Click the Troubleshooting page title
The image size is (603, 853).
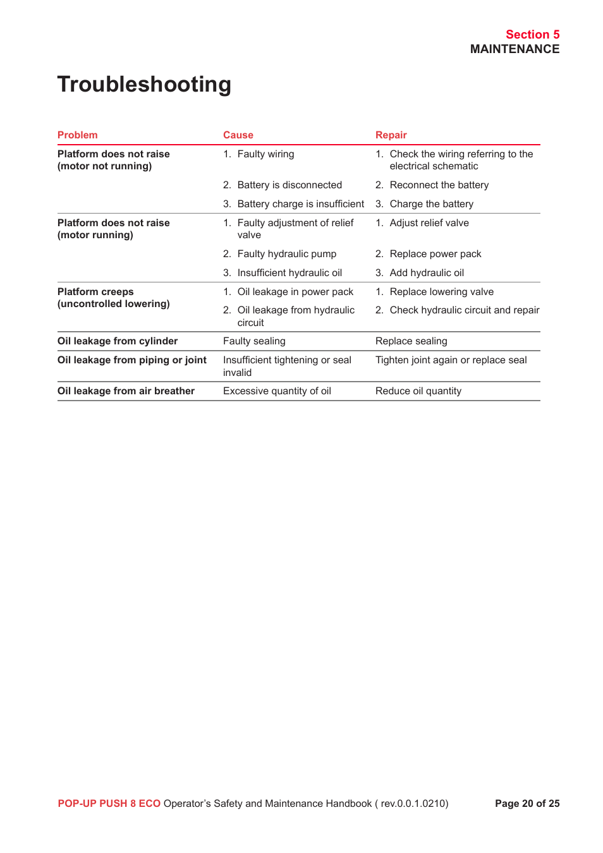point(144,85)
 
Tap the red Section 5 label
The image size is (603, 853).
point(532,35)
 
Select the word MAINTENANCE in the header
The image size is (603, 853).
point(515,49)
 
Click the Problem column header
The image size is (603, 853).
point(77,135)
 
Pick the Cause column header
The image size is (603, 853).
point(238,135)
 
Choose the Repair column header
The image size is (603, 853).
point(391,135)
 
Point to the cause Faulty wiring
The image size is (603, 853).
point(265,154)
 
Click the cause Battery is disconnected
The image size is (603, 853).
point(289,185)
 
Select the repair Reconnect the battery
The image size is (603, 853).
point(439,185)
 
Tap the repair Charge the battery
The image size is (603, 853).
point(431,204)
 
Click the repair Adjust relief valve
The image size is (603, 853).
point(429,223)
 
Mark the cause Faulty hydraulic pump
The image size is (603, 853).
point(286,254)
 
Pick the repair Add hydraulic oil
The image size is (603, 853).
point(427,273)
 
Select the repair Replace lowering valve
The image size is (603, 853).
point(441,292)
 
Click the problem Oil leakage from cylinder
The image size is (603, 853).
point(118,341)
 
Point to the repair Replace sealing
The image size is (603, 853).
point(411,341)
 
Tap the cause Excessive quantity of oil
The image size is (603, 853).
point(277,391)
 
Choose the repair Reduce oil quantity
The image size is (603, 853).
point(418,391)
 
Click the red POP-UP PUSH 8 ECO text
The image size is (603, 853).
point(109,804)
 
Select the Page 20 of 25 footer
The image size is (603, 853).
point(527,804)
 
